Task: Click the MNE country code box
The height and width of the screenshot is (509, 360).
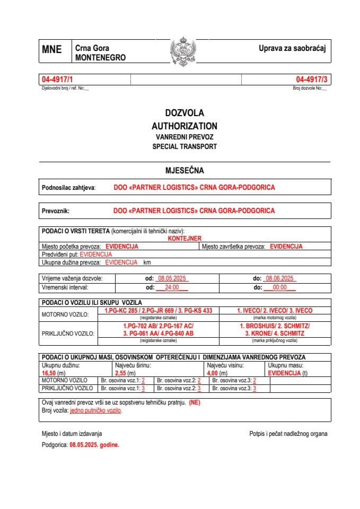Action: click(x=51, y=50)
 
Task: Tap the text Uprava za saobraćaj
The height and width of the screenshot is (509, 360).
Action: click(x=292, y=49)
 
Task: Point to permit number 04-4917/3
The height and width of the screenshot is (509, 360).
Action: click(x=312, y=79)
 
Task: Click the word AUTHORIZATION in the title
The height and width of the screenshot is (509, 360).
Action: click(x=184, y=126)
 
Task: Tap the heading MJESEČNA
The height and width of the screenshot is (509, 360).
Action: click(x=184, y=171)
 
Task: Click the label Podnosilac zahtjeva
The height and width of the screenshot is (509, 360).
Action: click(x=68, y=188)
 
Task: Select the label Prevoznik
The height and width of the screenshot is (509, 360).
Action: click(x=56, y=210)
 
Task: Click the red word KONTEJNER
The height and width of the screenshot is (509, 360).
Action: click(x=185, y=239)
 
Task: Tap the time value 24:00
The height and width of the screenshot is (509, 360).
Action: click(x=172, y=287)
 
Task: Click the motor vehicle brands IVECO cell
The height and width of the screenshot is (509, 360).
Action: click(x=274, y=310)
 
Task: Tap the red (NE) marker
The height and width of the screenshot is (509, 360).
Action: click(x=195, y=402)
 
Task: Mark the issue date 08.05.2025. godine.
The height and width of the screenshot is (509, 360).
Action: click(x=94, y=445)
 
